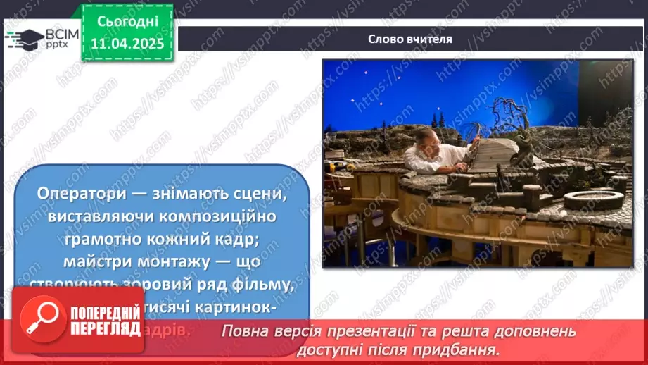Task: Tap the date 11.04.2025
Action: click(127, 43)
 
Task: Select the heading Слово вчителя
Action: click(410, 39)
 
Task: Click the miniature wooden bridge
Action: click(496, 156)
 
